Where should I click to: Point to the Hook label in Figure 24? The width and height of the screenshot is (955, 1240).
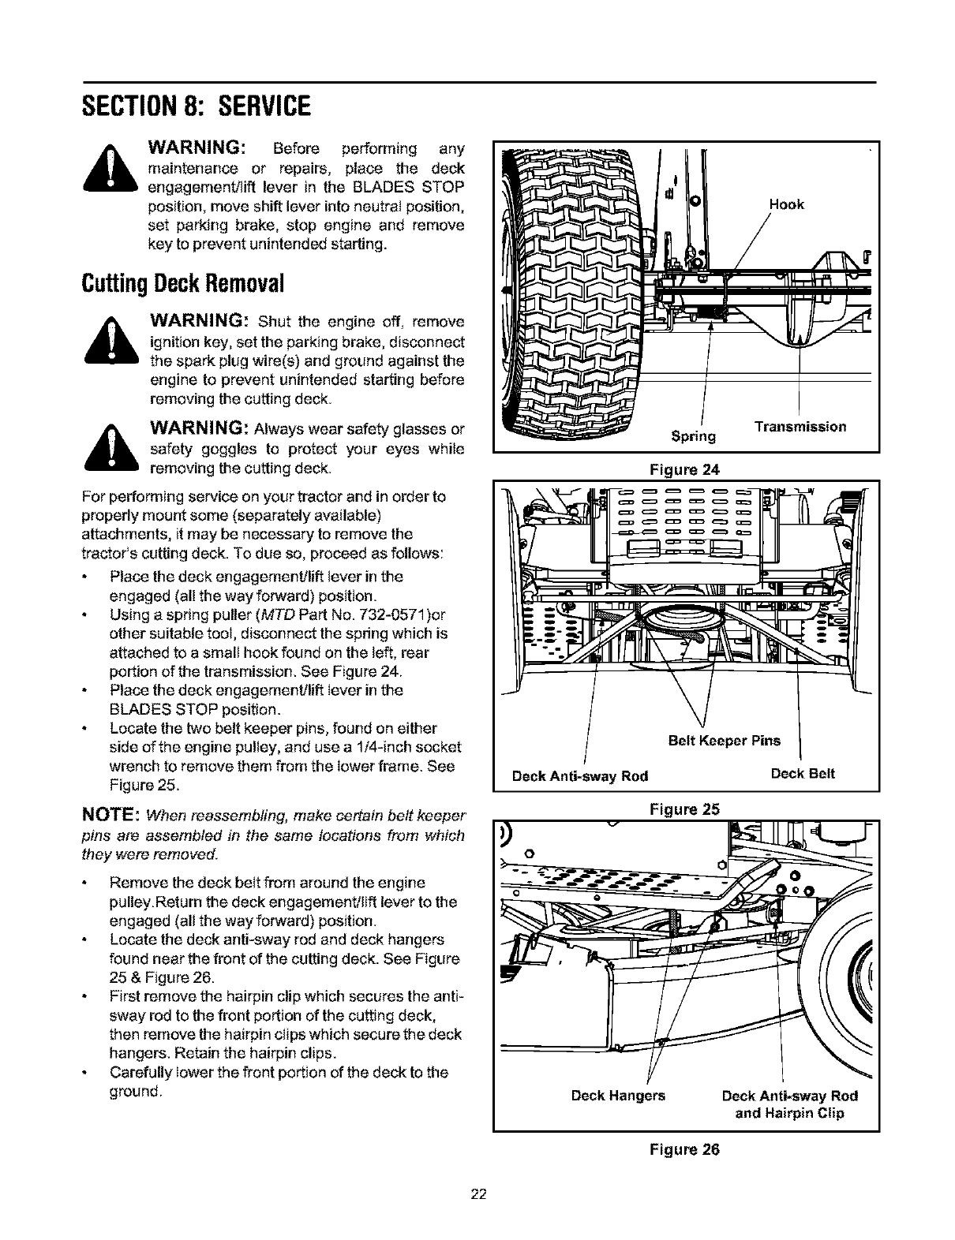787,204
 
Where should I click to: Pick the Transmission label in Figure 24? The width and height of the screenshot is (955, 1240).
800,427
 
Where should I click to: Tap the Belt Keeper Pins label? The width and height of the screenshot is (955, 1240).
724,741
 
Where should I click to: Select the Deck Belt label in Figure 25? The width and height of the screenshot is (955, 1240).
802,774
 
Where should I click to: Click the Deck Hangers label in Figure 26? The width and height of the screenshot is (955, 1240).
618,1096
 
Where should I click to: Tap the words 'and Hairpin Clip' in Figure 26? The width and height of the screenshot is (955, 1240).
789,1113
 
